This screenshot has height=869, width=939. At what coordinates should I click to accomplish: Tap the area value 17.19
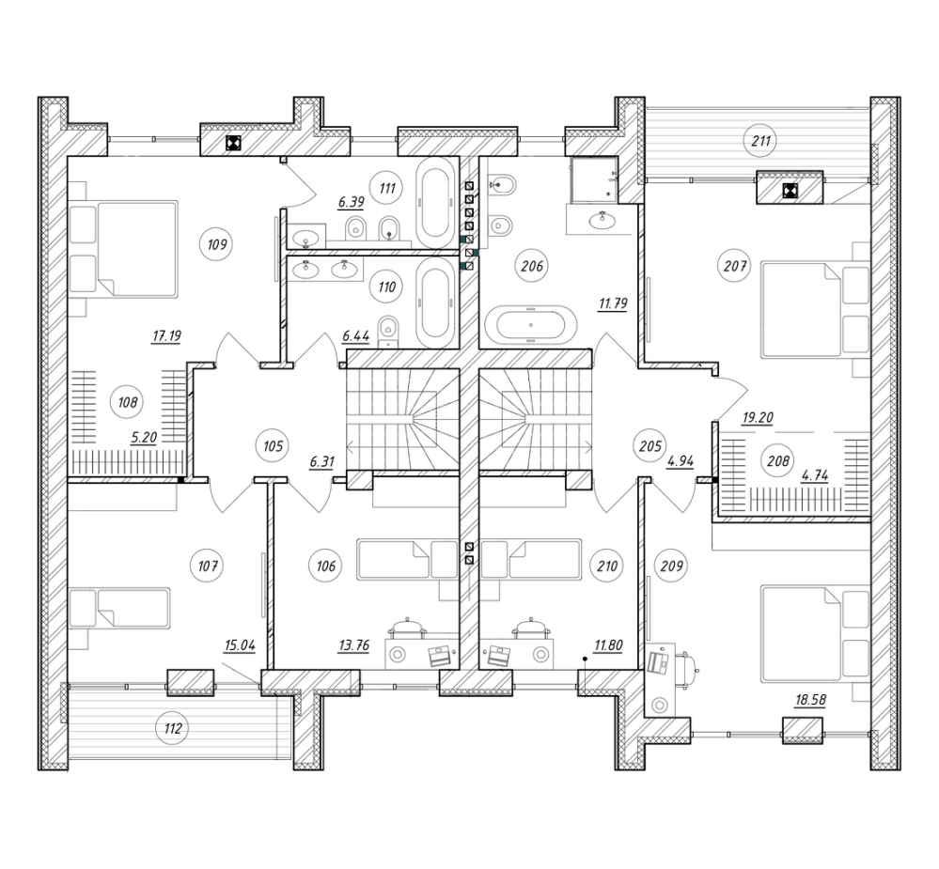click(166, 336)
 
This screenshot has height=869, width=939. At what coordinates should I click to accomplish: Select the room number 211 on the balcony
click(760, 141)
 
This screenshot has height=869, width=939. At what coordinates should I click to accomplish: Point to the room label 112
click(173, 729)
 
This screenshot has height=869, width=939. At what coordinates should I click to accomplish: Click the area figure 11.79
click(613, 303)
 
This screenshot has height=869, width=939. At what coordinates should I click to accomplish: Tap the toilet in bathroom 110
click(388, 331)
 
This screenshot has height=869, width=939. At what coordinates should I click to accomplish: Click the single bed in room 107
click(119, 608)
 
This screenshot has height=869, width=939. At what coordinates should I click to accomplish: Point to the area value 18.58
click(810, 700)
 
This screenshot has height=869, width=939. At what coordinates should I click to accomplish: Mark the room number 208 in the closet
click(778, 461)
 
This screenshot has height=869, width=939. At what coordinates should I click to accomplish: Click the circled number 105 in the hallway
click(273, 446)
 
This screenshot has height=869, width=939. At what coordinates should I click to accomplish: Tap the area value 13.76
click(354, 645)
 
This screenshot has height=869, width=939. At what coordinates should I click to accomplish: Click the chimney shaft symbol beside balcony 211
click(790, 190)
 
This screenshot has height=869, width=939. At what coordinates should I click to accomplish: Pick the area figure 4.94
click(679, 460)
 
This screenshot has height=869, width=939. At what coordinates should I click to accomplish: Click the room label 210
click(607, 566)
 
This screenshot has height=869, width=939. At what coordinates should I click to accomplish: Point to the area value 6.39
click(351, 202)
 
